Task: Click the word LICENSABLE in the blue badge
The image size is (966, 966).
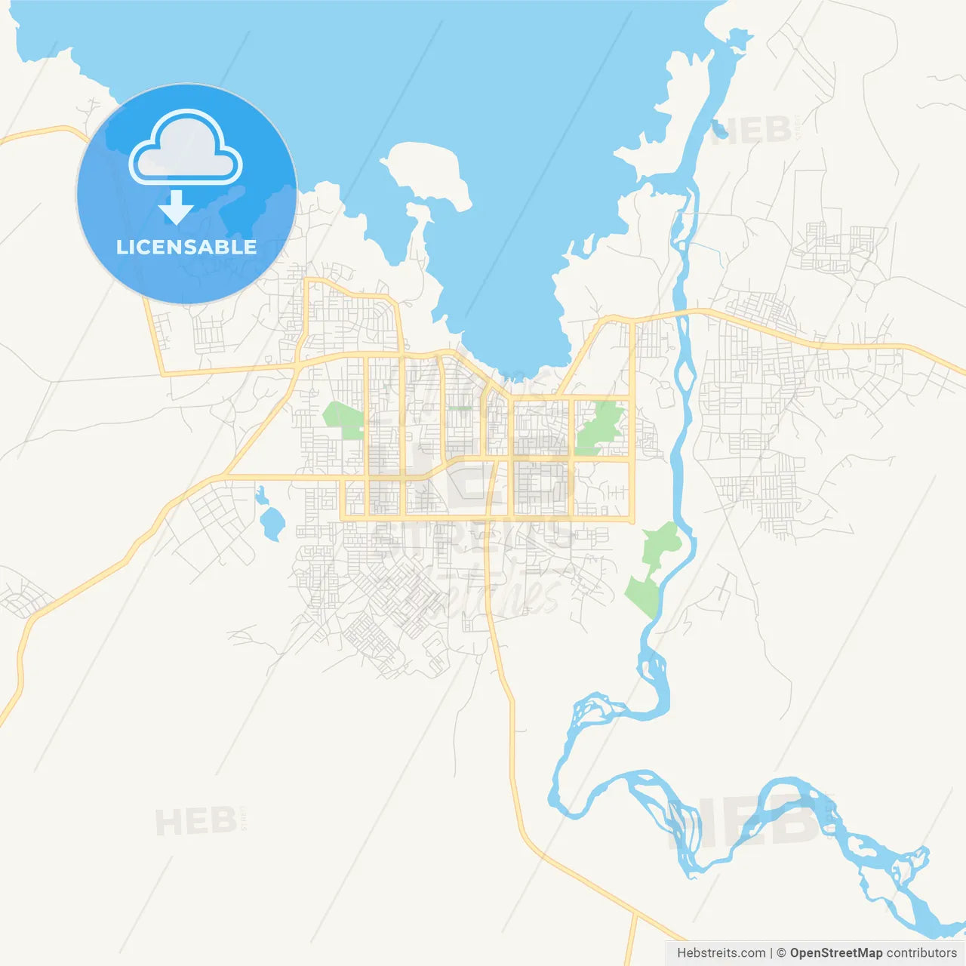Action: (x=186, y=248)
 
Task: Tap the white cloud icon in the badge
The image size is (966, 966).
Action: (x=186, y=148)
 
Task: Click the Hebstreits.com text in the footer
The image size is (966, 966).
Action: (x=721, y=953)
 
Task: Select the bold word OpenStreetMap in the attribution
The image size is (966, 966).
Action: (x=836, y=953)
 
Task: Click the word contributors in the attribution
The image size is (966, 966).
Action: (x=921, y=953)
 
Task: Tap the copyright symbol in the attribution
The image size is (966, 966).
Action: (x=781, y=953)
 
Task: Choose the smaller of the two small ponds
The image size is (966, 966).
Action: (x=261, y=496)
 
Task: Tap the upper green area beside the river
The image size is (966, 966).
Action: (x=661, y=543)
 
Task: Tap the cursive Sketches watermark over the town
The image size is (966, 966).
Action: (x=483, y=592)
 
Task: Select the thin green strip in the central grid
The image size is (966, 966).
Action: (x=459, y=408)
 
